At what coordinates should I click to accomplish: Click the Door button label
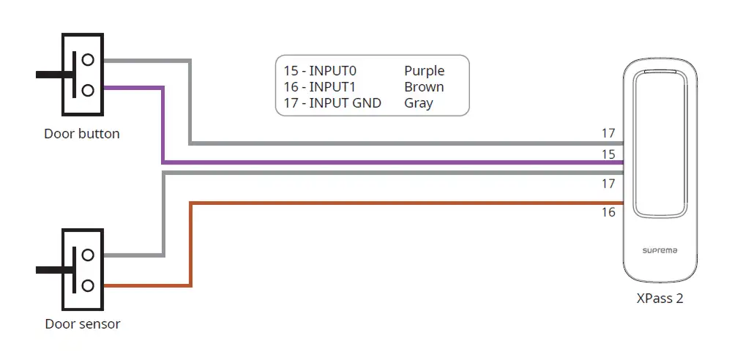pos(82,134)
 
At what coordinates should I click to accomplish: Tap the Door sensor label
pos(83,324)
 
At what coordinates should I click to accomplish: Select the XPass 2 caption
pos(660,299)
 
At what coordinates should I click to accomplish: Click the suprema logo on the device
pos(660,251)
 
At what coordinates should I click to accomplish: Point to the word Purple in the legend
pos(425,72)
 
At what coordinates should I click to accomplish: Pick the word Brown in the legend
pos(424,87)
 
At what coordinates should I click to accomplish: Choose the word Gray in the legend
pos(419,103)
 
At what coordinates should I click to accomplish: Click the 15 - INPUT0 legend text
pos(321,71)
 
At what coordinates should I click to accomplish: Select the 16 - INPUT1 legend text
pos(320,87)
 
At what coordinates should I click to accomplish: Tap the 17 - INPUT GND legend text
pos(332,102)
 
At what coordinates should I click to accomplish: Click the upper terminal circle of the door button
pos(88,60)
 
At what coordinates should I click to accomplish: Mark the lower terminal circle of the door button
pos(88,90)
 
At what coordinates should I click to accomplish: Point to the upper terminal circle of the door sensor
pos(88,255)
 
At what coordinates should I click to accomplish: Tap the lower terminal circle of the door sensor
pos(88,285)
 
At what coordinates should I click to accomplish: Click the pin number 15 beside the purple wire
pos(608,154)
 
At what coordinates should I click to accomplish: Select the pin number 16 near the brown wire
pos(608,212)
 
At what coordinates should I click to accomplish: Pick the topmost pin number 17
pos(608,134)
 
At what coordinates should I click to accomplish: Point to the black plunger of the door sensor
pos(56,270)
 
